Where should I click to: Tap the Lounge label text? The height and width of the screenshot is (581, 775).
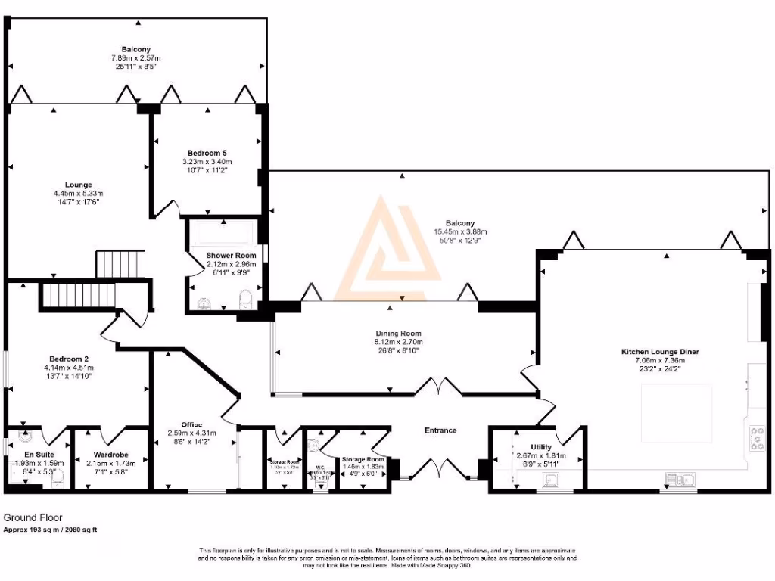[x=78, y=185]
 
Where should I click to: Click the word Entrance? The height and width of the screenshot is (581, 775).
[x=440, y=430]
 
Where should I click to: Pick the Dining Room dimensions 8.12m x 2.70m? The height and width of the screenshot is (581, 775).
[x=398, y=342]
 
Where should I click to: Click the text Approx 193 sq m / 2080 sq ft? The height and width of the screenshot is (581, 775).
[x=51, y=530]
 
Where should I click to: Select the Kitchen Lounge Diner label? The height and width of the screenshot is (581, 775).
[x=660, y=352]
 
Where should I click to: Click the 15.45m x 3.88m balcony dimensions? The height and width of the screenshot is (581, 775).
[x=459, y=231]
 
